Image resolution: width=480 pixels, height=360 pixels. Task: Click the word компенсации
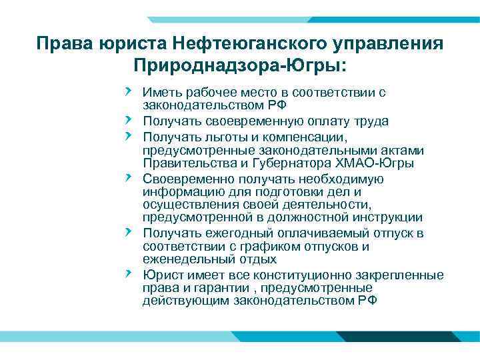pyautogui.click(x=290, y=137)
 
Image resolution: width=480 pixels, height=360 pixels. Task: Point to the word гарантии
pyautogui.click(x=215, y=288)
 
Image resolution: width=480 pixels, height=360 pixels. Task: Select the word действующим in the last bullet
pyautogui.click(x=186, y=301)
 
